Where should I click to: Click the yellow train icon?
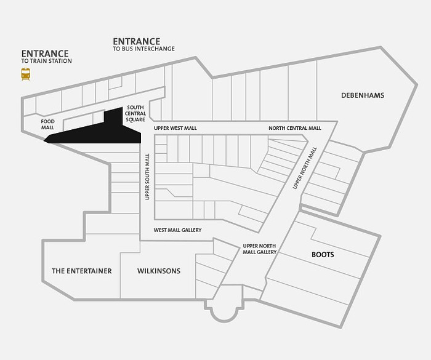26,74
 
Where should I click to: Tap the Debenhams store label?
363,95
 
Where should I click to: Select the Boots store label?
323,255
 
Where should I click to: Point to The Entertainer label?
82,271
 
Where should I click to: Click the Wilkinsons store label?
159,271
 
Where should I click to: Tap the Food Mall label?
47,124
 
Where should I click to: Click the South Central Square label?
135,113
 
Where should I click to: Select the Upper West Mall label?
175,128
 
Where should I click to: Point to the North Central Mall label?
295,128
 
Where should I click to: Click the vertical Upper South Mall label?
147,177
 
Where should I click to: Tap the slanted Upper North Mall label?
305,168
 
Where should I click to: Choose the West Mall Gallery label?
177,230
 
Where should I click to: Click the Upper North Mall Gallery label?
259,249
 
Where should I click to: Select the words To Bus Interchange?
143,49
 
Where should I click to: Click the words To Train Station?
46,61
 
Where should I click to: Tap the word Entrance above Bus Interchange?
137,41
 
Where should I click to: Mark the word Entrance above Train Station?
45,54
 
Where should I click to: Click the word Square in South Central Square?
135,119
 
